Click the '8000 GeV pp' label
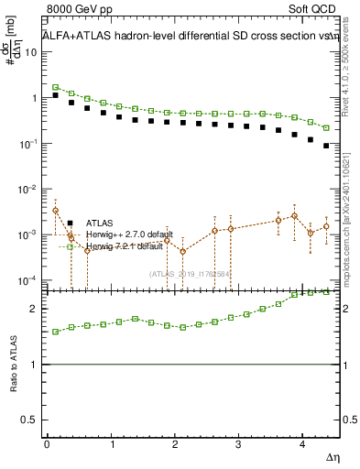tap(80, 8)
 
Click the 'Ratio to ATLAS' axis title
tap(13, 365)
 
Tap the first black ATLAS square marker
tap(55, 94)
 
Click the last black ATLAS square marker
tap(326, 145)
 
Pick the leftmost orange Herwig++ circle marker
tap(55, 211)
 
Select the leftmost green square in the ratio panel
tap(55, 332)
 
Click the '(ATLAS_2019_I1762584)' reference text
tap(190, 273)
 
